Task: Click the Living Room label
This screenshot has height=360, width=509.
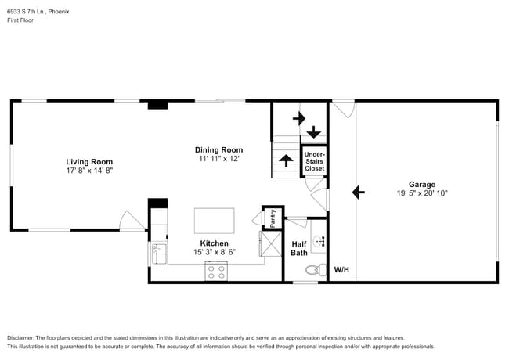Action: [x=89, y=161]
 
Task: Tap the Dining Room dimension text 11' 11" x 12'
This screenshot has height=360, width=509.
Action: [x=218, y=158]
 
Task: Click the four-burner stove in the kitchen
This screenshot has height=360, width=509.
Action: [x=216, y=272]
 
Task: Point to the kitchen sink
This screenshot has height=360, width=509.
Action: [x=158, y=250]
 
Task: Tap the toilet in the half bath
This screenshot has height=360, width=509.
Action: [x=314, y=270]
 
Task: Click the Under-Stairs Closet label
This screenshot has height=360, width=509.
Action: [x=314, y=161]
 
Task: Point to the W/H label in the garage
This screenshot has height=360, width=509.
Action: [x=341, y=270]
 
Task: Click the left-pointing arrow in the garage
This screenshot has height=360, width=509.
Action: [x=359, y=190]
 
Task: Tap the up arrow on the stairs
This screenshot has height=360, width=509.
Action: [x=286, y=160]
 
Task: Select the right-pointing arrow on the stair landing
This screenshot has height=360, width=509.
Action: [x=298, y=119]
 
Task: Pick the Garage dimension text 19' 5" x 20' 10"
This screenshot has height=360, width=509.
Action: [x=421, y=193]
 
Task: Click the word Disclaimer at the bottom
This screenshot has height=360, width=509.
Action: [x=23, y=337]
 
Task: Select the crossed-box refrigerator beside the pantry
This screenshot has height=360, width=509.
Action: [x=272, y=245]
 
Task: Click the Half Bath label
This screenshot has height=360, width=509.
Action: [x=299, y=248]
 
